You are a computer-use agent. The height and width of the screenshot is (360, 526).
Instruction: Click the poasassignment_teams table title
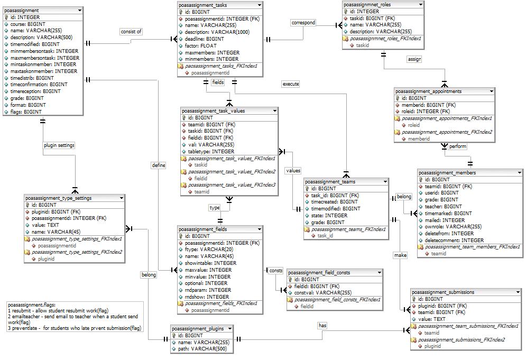330,181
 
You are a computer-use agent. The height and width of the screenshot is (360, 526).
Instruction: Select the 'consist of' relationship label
131,32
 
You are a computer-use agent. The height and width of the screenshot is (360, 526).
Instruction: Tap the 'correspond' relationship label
303,23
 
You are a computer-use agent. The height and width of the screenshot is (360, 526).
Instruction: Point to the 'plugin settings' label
59,145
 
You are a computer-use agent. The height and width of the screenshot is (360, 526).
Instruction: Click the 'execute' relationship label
291,84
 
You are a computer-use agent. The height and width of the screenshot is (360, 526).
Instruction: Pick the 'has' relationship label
322,326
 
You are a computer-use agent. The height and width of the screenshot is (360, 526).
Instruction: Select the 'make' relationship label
400,255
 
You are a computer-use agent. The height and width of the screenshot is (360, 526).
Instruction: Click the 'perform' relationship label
458,146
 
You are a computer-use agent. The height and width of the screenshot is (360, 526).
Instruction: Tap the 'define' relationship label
159,165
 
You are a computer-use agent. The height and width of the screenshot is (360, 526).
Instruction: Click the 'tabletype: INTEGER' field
211,151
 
